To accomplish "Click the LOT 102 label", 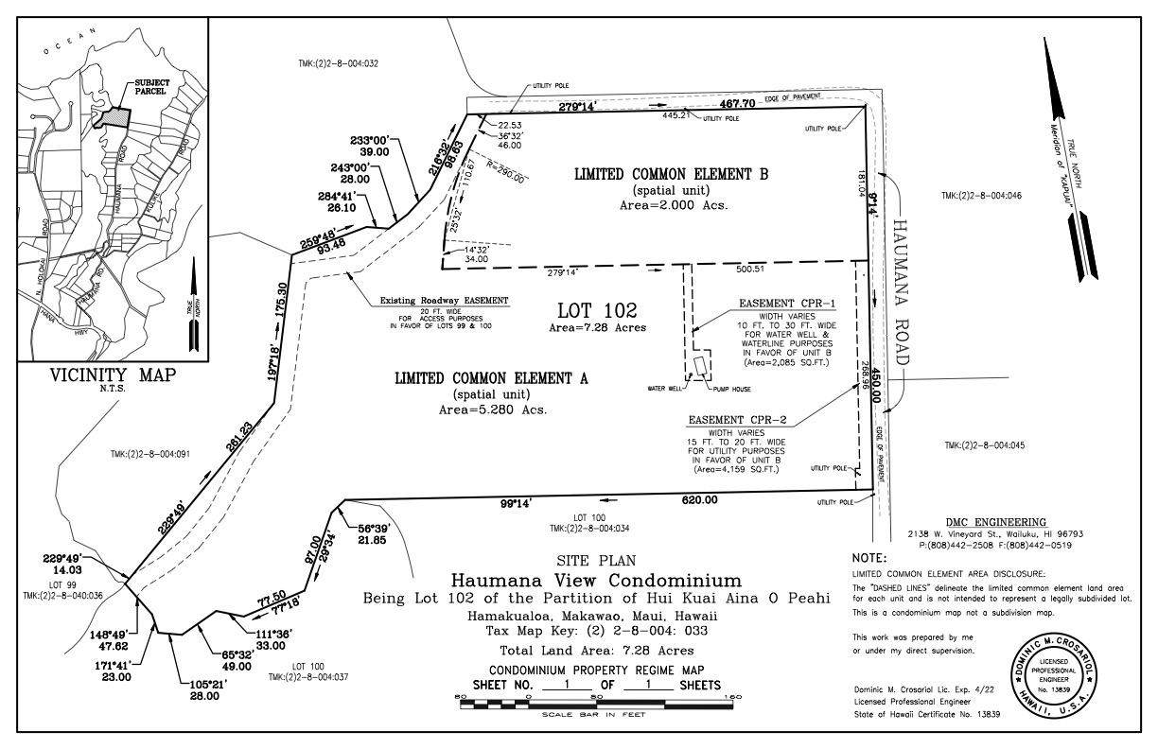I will (x=597, y=310).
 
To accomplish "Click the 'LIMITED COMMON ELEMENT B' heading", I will (x=671, y=174).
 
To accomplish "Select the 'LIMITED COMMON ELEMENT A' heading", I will (x=491, y=378).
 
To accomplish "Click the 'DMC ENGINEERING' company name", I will (x=996, y=522).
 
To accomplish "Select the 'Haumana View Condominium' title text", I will (x=596, y=580).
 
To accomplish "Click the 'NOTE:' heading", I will (x=868, y=559).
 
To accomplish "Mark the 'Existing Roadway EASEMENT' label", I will (x=445, y=300).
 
